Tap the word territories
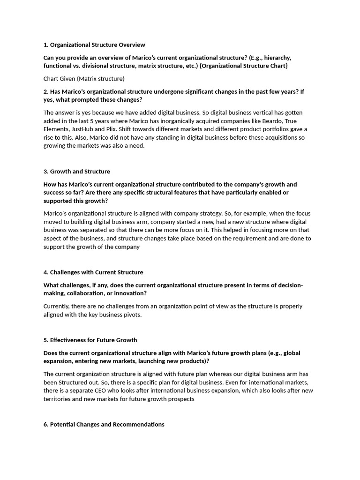pos(59,399)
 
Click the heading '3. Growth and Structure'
pos(77,172)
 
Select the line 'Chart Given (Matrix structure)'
pos(84,79)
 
